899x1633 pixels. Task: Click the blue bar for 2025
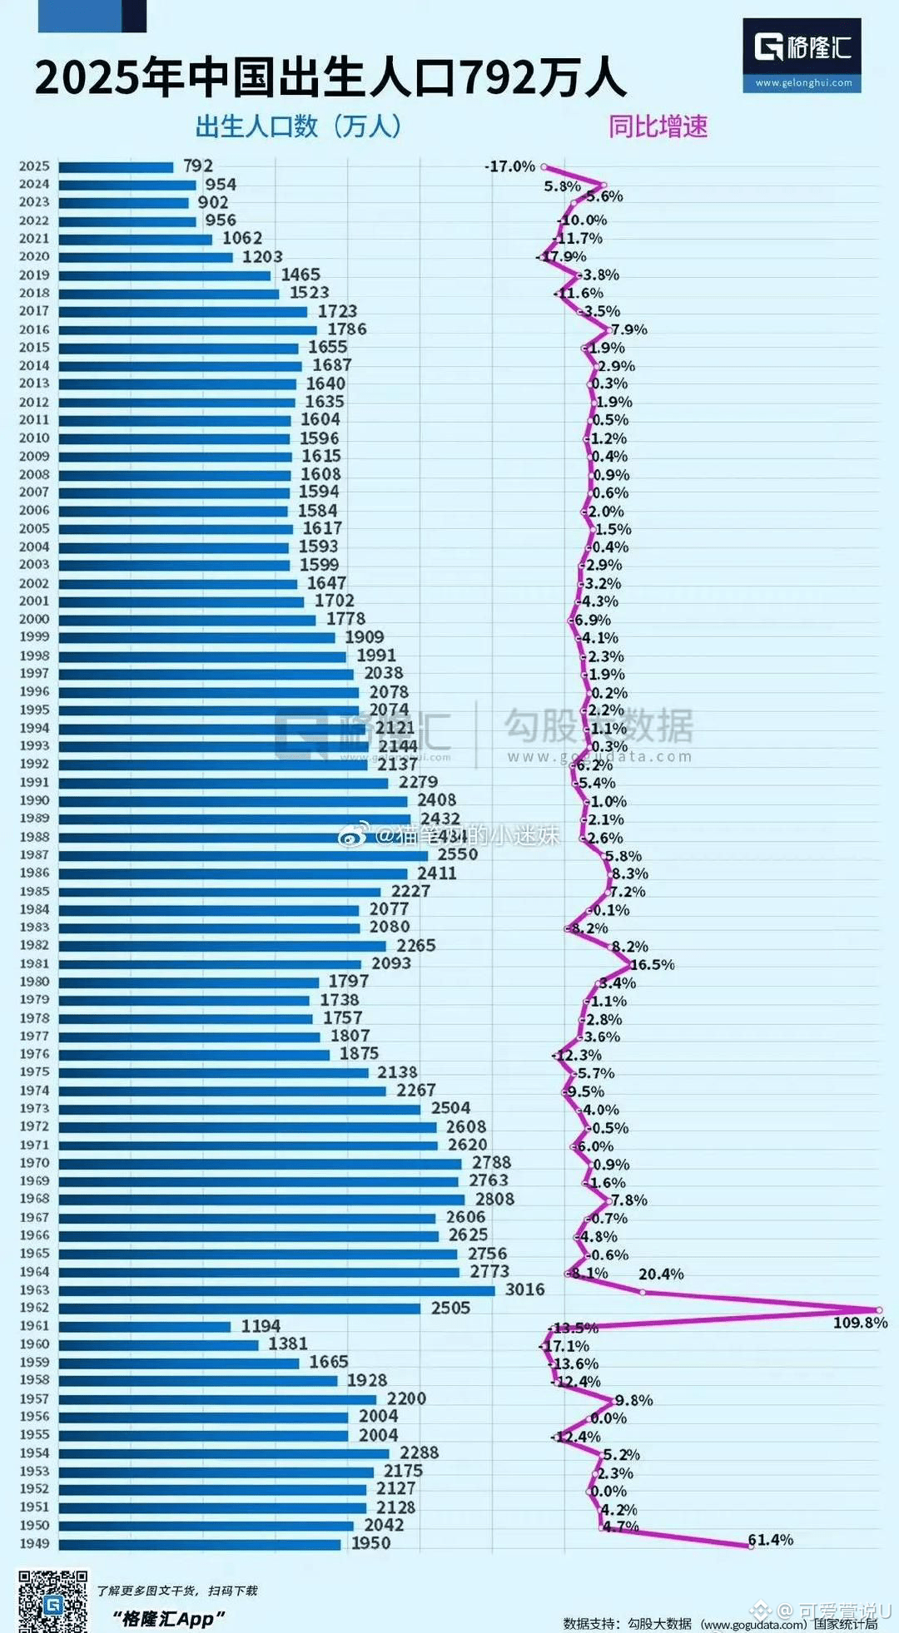tap(117, 167)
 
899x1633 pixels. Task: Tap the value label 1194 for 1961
tap(261, 1326)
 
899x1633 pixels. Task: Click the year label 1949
tap(34, 1544)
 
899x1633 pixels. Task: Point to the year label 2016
tap(34, 329)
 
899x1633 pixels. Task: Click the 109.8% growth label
tap(860, 1323)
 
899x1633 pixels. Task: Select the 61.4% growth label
tap(770, 1540)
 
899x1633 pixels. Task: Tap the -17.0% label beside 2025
tap(509, 166)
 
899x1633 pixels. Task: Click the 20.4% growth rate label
tap(661, 1274)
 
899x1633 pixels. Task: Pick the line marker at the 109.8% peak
tap(878, 1309)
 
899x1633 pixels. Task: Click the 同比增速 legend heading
tap(658, 126)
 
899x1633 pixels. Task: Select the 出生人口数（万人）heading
tap(298, 126)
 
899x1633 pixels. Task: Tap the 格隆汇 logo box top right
tap(802, 54)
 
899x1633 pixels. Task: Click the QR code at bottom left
tap(52, 1600)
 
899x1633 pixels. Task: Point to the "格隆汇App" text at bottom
tap(169, 1618)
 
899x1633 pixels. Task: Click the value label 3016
tap(524, 1289)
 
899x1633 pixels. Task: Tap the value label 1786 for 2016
tap(346, 329)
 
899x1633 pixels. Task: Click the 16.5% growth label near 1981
tap(653, 965)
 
